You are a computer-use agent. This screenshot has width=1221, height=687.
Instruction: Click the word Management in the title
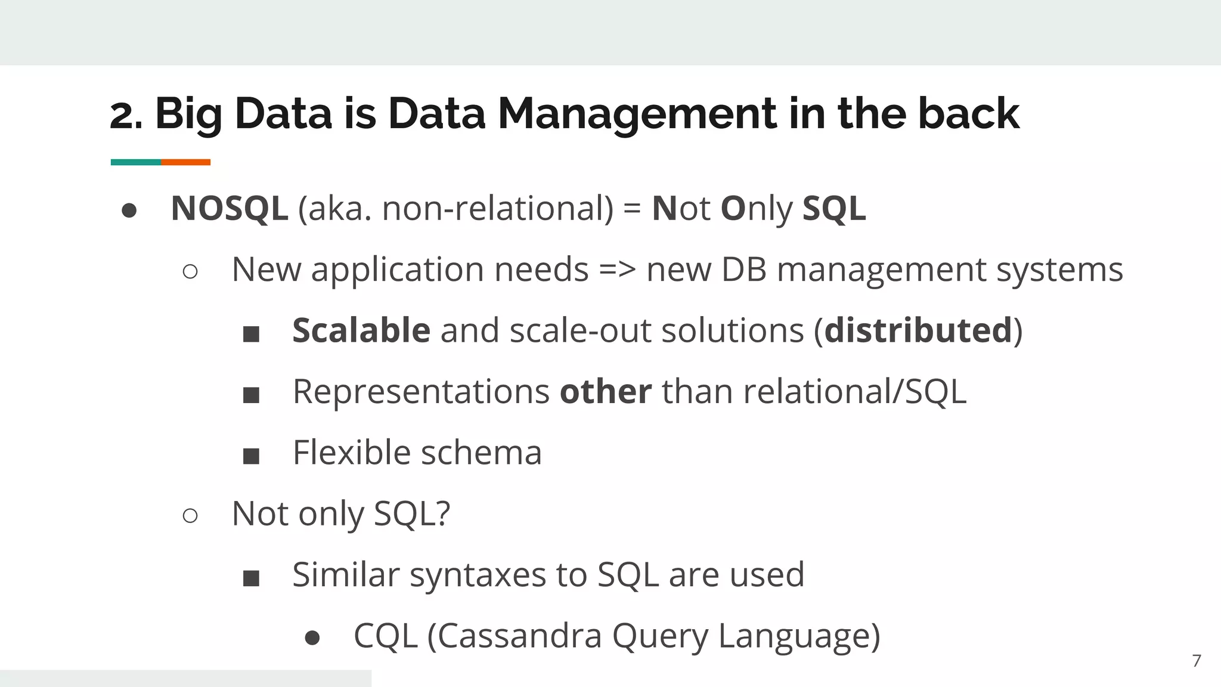[x=637, y=114]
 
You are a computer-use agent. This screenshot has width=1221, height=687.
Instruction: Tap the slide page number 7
[x=1196, y=661]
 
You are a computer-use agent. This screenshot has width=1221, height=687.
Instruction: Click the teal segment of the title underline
[x=135, y=162]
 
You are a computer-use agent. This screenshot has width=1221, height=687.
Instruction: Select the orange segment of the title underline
[x=185, y=162]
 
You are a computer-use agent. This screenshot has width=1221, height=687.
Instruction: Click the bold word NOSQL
[x=229, y=209]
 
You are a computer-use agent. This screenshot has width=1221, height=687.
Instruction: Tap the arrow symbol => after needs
[x=617, y=270]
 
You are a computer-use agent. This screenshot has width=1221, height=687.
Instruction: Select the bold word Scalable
[x=361, y=330]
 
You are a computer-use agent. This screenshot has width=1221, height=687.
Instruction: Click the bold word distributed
[x=918, y=330]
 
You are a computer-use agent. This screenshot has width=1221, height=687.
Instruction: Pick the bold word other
[x=605, y=392]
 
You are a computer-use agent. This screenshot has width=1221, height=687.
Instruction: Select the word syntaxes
[x=478, y=575]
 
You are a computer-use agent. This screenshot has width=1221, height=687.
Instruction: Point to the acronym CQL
[x=385, y=636]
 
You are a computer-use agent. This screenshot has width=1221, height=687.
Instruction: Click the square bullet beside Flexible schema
[x=251, y=456]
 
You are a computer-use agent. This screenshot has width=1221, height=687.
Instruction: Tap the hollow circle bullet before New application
[x=190, y=272]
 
